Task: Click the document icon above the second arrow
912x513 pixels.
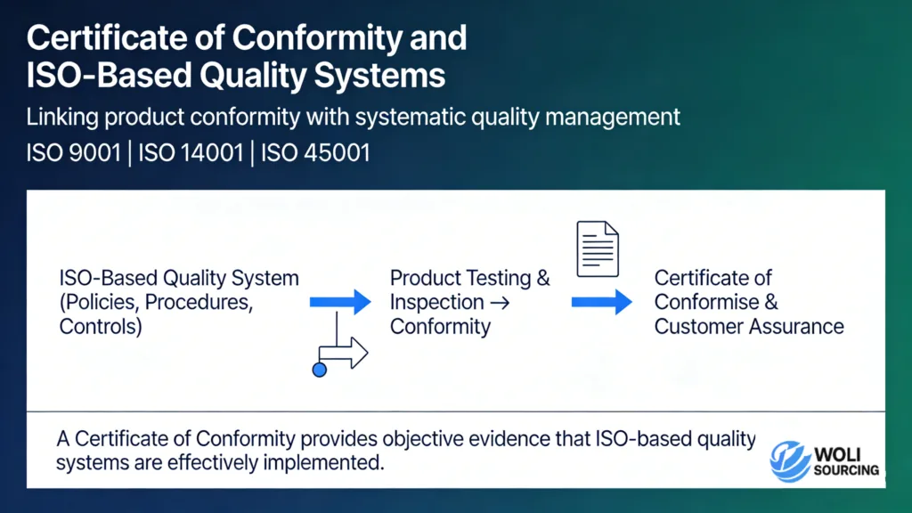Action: tap(598, 248)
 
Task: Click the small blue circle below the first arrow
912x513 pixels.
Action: tap(319, 369)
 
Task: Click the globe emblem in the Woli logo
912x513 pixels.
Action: tap(789, 460)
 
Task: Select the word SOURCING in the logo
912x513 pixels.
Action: tap(846, 470)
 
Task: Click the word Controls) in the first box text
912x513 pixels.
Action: tap(101, 326)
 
